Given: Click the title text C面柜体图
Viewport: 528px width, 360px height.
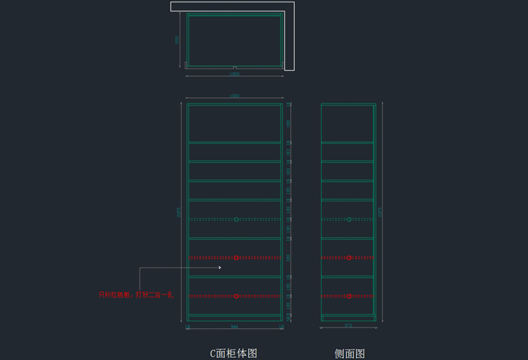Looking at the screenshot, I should tap(234, 353).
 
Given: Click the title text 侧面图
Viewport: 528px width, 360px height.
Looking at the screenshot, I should tap(350, 353).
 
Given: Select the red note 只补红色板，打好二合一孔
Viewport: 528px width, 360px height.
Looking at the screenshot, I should tap(136, 294).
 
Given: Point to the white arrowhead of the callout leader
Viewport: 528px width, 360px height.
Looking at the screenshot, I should tap(219, 267).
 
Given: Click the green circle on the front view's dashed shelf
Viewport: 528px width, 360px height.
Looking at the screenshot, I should tap(236, 220).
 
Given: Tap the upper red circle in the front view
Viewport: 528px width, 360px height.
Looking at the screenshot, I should tap(236, 258).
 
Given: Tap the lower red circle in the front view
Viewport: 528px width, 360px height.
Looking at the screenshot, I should tap(236, 296).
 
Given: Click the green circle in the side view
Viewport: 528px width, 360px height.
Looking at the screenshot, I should tap(348, 220).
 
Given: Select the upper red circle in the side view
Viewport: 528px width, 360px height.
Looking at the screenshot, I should tap(348, 258).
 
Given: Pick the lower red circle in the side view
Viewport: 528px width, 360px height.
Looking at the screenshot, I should tap(348, 296).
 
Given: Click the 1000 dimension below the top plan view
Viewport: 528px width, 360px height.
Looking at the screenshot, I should tap(235, 75).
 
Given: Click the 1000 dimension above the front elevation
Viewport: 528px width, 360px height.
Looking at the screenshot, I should tap(235, 97).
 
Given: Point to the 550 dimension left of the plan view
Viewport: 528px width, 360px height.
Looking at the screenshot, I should tap(178, 40).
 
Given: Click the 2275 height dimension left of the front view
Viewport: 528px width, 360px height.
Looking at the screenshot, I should tap(180, 212).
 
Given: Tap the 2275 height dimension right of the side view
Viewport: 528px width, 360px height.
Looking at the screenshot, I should tap(382, 212).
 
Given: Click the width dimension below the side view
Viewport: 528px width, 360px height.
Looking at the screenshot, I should tap(348, 326).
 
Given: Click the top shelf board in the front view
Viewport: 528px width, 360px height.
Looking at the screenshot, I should tap(235, 142).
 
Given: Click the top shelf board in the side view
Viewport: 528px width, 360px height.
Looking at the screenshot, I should tap(347, 142).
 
